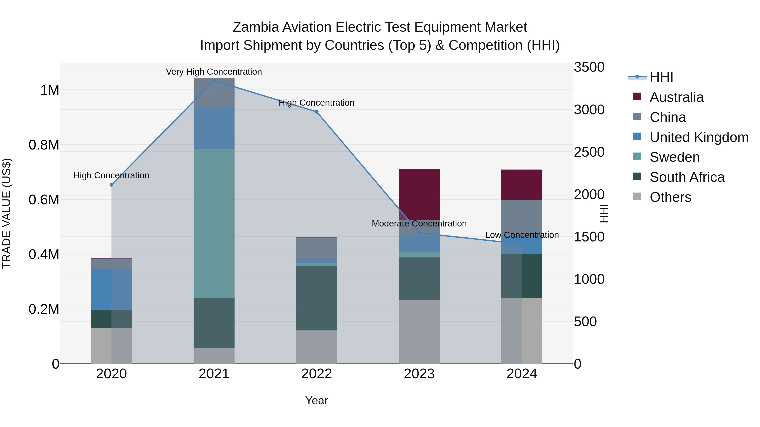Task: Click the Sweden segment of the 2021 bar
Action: coord(214,224)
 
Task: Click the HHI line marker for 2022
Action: coord(317,112)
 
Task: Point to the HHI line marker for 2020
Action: coord(111,185)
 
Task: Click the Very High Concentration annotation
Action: coord(214,72)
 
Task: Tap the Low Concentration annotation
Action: coord(522,235)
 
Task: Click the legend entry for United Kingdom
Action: coord(699,137)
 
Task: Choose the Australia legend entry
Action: coord(676,97)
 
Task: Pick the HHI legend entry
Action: coord(661,77)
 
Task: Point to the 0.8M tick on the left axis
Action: coord(44,145)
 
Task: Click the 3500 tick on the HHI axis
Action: coord(589,67)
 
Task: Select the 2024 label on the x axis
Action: coord(522,374)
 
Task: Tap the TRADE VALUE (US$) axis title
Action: coord(7,213)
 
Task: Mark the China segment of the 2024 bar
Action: coord(522,217)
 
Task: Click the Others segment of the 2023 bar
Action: coord(419,331)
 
